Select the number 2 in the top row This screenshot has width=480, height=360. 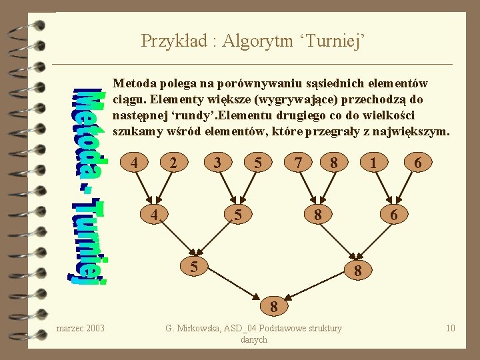pyautogui.click(x=173, y=163)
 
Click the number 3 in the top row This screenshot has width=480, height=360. pyautogui.click(x=216, y=163)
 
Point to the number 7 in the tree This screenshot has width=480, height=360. pyautogui.click(x=299, y=163)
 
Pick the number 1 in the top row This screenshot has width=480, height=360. pyautogui.click(x=376, y=163)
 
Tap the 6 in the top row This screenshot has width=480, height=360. pyautogui.click(x=417, y=163)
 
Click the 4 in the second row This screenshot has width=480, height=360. pyautogui.click(x=153, y=215)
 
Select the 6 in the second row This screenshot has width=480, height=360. pyautogui.click(x=394, y=215)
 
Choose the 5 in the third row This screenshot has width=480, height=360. pyautogui.click(x=193, y=265)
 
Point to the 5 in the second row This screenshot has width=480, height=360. pyautogui.click(x=237, y=215)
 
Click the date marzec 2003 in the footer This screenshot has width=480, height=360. pyautogui.click(x=81, y=328)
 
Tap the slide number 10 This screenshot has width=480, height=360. pyautogui.click(x=451, y=328)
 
